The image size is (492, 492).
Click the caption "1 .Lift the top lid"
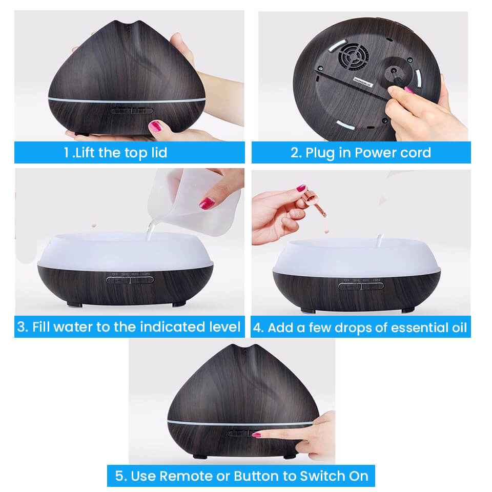[116, 152]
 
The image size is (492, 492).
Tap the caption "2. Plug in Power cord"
[360, 152]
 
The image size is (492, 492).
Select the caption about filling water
[129, 327]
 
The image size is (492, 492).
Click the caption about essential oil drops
[360, 327]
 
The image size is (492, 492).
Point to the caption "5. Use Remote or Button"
[241, 476]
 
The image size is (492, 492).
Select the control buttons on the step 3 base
[129, 280]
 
